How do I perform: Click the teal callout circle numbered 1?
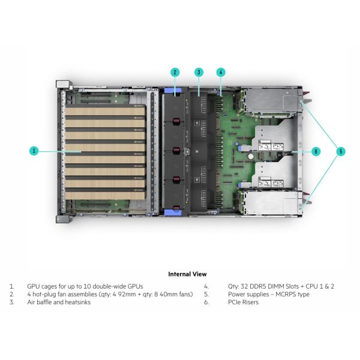(x=34, y=151)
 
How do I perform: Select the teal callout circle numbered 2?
(x=175, y=72)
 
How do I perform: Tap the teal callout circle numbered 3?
(x=198, y=72)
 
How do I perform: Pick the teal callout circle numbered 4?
(x=221, y=72)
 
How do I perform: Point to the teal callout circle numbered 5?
(x=341, y=151)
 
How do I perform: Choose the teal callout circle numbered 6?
(x=316, y=151)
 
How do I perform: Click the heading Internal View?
(x=187, y=274)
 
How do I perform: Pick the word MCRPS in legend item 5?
(x=278, y=295)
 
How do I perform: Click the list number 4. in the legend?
(x=206, y=286)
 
